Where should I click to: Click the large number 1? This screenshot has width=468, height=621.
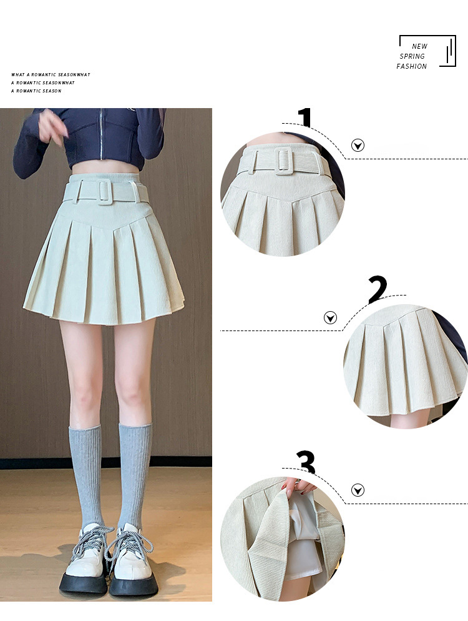[305, 117]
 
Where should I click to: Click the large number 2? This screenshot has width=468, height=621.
[378, 289]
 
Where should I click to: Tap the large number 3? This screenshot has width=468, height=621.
[306, 462]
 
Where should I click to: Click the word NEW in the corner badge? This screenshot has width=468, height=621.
[419, 46]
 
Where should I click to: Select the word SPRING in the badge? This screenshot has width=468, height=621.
[412, 56]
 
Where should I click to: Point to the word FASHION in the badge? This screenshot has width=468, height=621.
[411, 66]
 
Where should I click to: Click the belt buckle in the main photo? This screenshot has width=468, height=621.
[106, 192]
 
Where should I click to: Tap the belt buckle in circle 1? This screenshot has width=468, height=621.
[283, 161]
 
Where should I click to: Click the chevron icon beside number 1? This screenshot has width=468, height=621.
[358, 146]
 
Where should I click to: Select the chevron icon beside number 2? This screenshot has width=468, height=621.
[330, 317]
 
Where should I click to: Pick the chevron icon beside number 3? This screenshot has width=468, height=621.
[358, 490]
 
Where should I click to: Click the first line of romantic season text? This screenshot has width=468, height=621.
[51, 74]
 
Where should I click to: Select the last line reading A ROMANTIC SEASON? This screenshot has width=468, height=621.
[36, 91]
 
